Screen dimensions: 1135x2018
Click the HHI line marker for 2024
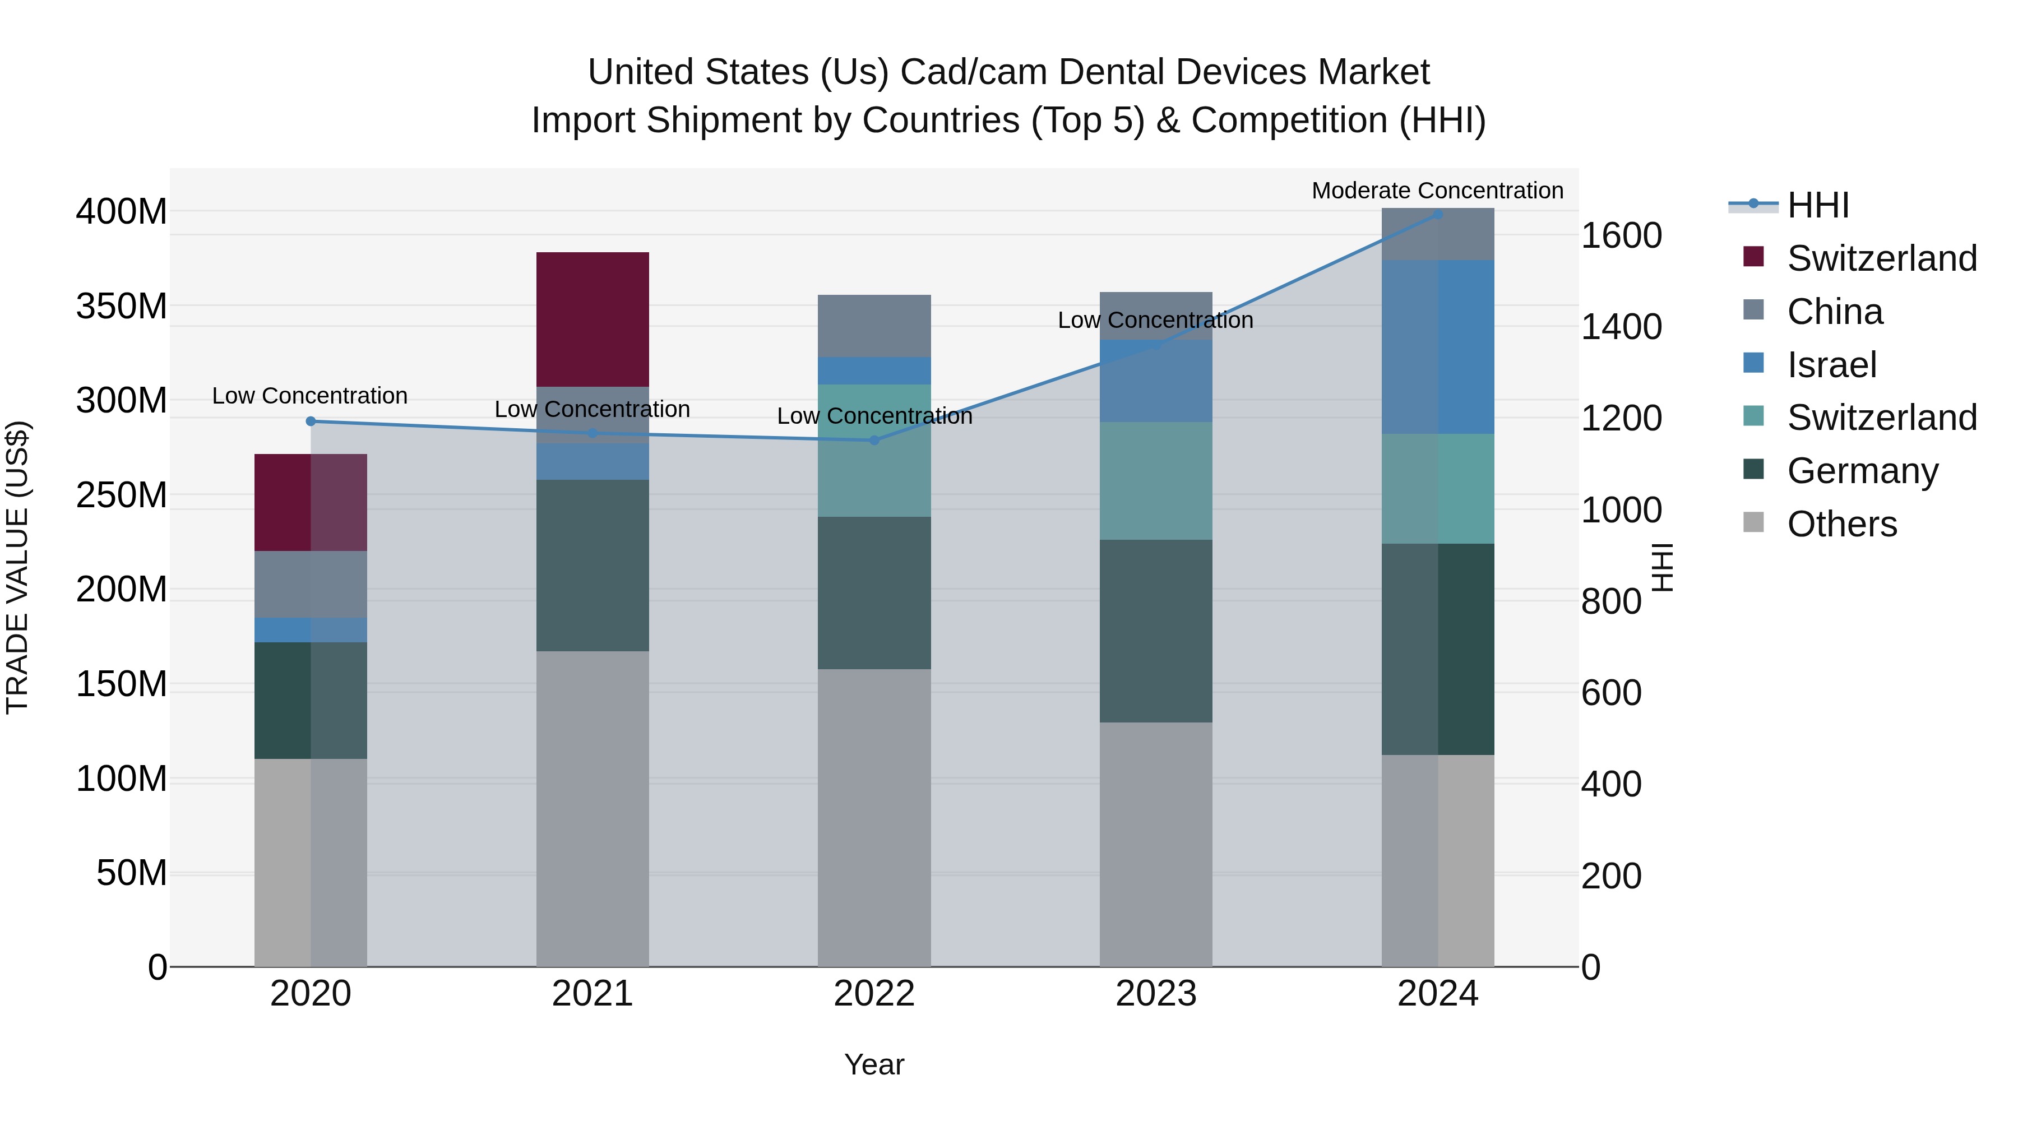tap(1437, 214)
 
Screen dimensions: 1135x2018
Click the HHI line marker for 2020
tap(311, 421)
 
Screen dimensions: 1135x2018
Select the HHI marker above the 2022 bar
tap(874, 440)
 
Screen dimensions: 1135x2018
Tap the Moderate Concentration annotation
tap(1437, 191)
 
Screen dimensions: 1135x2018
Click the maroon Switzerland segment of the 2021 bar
tap(593, 319)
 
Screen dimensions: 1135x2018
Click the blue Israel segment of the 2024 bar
tap(1437, 347)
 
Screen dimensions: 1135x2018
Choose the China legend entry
tap(1834, 312)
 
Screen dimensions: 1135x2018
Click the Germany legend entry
tap(1862, 471)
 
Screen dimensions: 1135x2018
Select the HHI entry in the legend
tap(1817, 205)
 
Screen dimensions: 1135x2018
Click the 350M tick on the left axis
tap(122, 306)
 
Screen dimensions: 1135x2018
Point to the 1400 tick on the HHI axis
tap(1621, 327)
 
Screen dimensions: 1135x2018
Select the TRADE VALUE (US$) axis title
tap(18, 567)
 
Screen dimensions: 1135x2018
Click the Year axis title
tap(874, 1064)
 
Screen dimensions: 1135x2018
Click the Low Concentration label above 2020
tap(309, 396)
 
